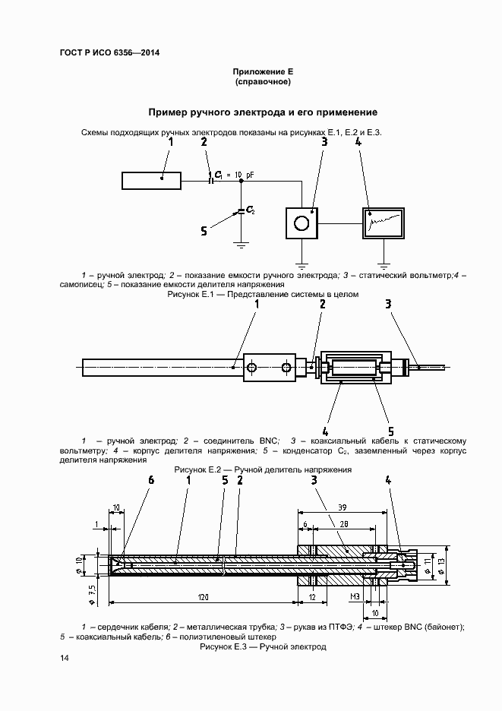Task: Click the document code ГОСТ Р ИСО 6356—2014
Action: (109, 52)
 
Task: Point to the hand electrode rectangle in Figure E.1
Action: (151, 180)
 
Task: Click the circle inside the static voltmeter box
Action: (301, 223)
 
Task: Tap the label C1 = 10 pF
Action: (234, 175)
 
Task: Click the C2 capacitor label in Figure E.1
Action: (250, 210)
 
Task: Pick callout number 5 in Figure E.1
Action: (203, 230)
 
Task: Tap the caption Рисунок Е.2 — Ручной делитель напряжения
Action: (262, 470)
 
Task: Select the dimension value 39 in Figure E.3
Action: (342, 507)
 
